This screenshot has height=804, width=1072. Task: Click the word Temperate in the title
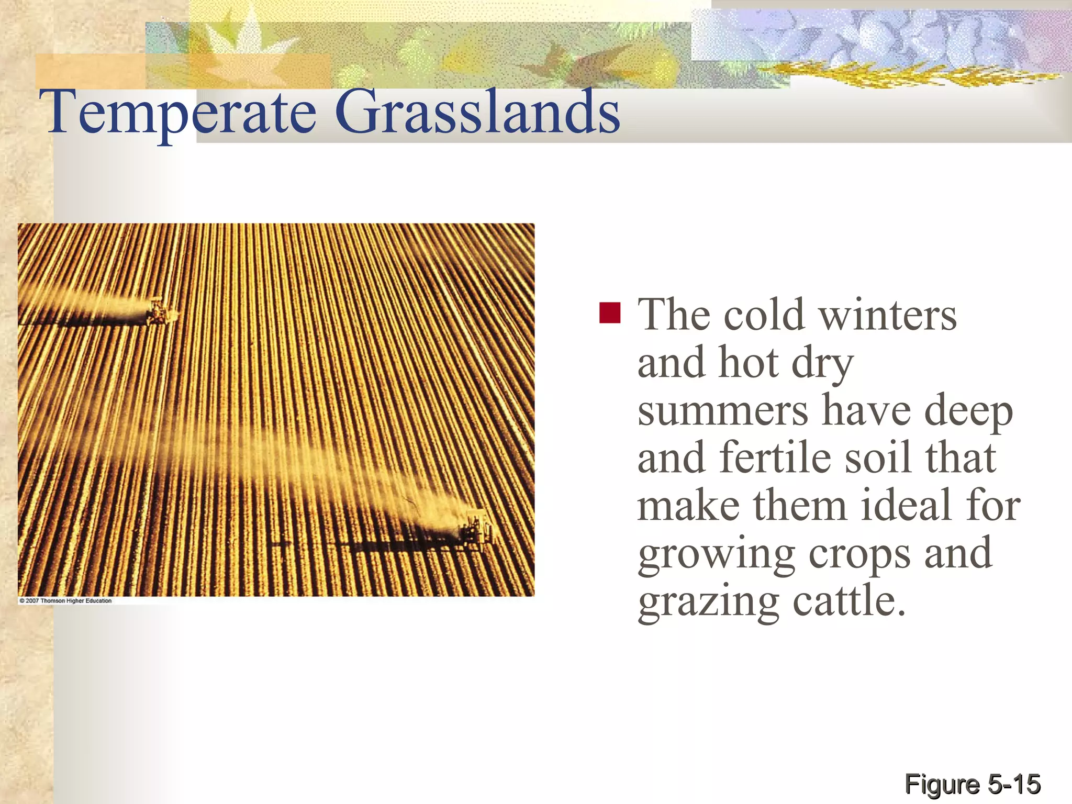181,113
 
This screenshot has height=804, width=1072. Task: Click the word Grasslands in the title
477,113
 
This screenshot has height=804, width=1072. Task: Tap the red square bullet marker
610,313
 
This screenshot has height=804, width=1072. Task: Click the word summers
723,411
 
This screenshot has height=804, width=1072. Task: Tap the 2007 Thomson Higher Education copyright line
66,601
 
